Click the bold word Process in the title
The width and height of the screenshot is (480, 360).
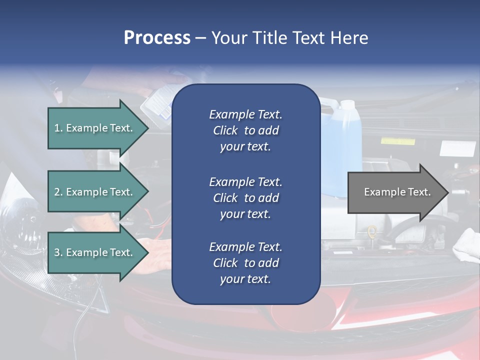[x=157, y=38]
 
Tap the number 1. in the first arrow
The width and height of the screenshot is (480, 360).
[x=58, y=128]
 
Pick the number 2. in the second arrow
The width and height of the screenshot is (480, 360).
[x=58, y=192]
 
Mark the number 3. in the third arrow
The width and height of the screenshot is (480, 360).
[x=58, y=252]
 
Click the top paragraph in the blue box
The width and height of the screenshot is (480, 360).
[x=245, y=130]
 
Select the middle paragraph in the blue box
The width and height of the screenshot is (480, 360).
[x=245, y=198]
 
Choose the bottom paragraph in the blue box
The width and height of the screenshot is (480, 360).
[x=245, y=263]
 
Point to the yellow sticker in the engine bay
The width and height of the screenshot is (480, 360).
[x=397, y=141]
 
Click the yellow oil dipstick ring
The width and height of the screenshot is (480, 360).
[x=371, y=231]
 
